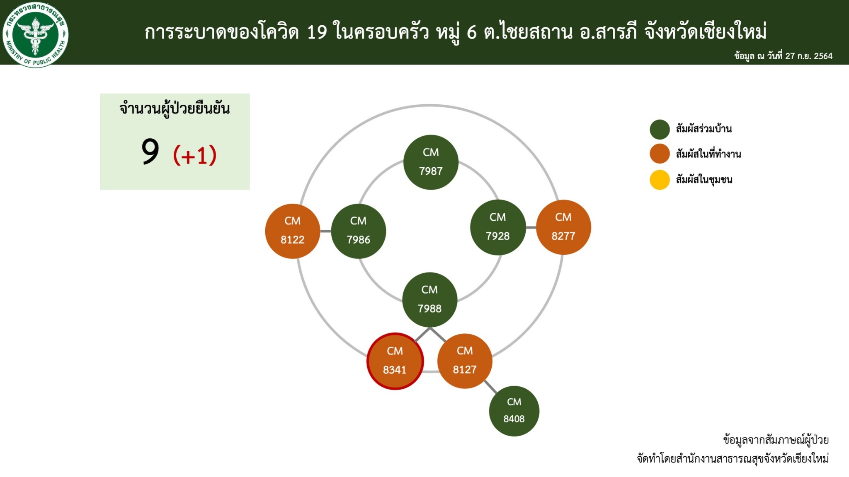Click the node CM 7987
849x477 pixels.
pos(431,162)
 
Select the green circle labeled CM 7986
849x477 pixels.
pos(359,231)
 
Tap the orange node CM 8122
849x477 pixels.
pos(293,231)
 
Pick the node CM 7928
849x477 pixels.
pos(498,227)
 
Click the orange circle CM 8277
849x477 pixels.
pos(563,227)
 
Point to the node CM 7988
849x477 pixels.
pos(430,300)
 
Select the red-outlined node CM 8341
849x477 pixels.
pos(395,361)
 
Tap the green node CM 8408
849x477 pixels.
pos(514,411)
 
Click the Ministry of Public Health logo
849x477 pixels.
pos(36,35)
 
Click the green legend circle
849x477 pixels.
pos(660,129)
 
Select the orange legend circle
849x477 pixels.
pos(660,154)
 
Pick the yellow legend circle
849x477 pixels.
pos(660,180)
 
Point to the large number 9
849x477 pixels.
pos(150,152)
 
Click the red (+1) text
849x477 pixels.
pos(195,155)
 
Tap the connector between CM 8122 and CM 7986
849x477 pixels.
pos(325,231)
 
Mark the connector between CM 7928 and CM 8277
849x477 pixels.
pos(531,227)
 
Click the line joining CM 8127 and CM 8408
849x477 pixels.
pos(490,387)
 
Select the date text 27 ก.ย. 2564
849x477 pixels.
pos(809,56)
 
